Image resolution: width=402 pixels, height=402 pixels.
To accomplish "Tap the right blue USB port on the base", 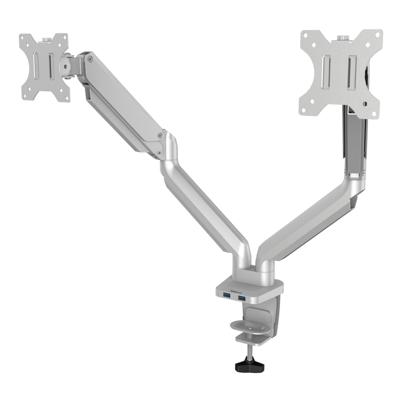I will click(x=242, y=298).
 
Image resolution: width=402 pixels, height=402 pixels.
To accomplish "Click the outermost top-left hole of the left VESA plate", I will click(x=23, y=39).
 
